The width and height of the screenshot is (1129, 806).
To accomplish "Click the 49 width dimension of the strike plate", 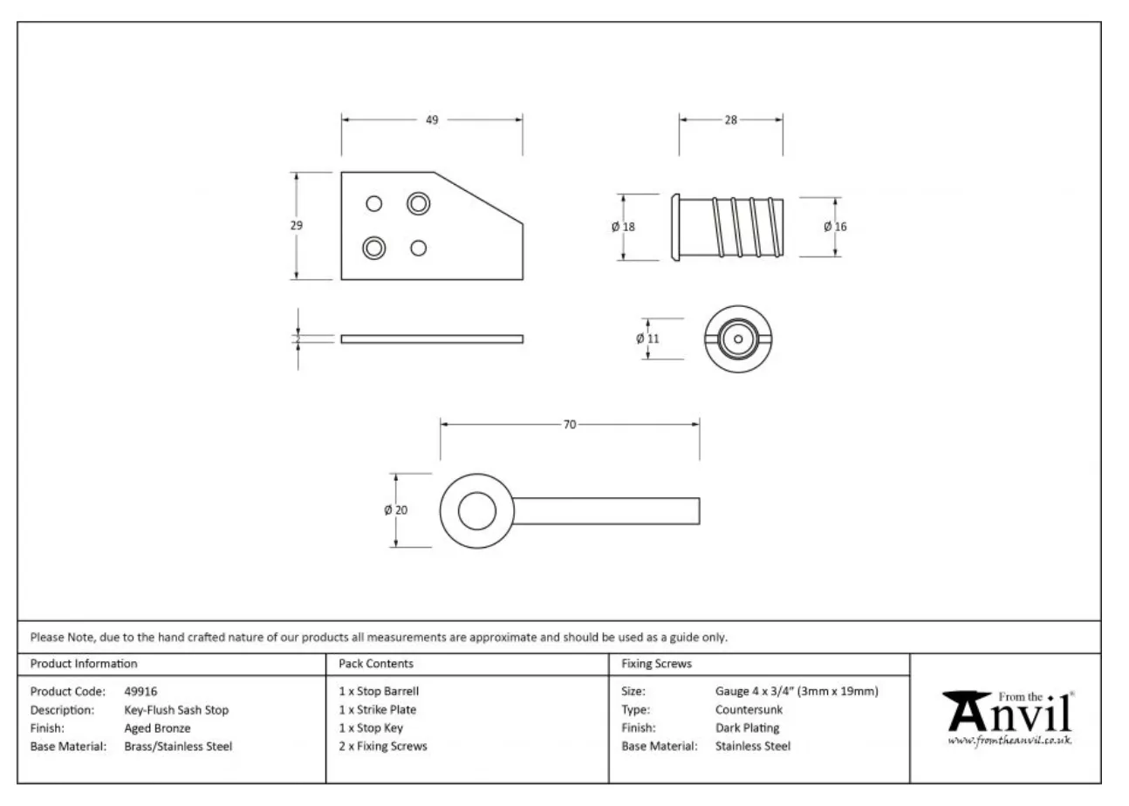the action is point(432,120).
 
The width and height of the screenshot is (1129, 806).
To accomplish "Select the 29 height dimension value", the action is point(297,225).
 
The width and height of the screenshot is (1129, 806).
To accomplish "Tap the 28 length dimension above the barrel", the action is point(731,120).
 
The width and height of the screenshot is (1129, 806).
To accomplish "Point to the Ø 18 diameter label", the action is point(623,227).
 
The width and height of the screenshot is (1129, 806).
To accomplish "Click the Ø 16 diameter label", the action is point(835,227).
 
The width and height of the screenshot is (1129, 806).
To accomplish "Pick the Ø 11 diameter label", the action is point(647,338).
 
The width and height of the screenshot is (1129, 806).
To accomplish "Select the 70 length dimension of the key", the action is point(570,425).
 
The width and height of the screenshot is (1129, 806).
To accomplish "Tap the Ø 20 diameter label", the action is point(395,510).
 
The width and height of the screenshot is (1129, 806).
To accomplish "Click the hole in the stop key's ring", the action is point(476,511).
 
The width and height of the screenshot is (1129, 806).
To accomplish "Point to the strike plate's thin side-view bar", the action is point(432,339).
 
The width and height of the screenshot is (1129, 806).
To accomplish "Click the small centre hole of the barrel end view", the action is point(738,339).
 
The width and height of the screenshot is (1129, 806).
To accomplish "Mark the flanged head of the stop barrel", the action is point(675,227).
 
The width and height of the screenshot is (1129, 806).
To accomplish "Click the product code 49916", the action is point(140,691).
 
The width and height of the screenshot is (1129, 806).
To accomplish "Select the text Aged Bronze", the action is point(157,727).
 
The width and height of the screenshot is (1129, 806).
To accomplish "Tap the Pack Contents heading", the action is point(376,664).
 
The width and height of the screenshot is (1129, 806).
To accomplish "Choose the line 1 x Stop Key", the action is point(371,727).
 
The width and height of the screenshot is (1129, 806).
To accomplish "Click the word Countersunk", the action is point(749,709).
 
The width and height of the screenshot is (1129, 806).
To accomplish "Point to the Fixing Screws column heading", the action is point(656,664).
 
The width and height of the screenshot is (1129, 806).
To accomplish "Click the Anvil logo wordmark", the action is point(1009,713).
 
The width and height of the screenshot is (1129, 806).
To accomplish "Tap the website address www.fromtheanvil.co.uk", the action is point(1009,740).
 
